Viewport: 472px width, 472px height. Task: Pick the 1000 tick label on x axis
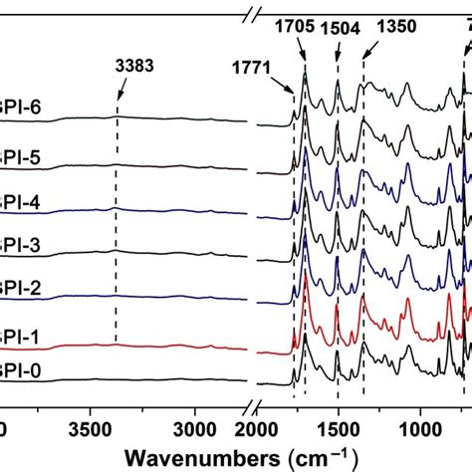click(420, 429)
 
